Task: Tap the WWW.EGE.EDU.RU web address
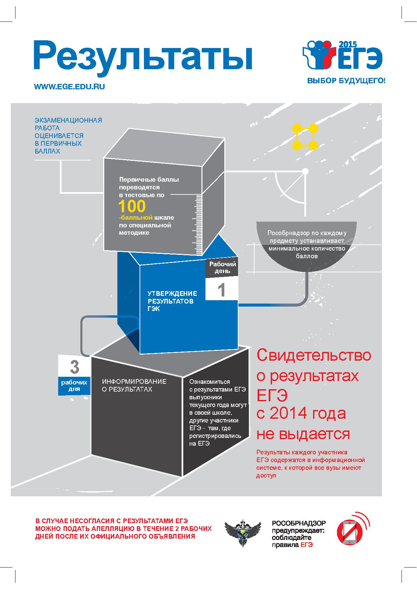(69, 87)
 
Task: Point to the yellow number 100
(132, 207)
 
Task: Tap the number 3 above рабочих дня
(74, 367)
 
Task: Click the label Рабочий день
(223, 267)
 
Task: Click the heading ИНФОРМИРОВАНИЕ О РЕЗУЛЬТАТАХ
(134, 385)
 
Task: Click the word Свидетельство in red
(314, 355)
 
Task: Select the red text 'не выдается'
(303, 434)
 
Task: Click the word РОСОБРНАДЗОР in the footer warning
(299, 523)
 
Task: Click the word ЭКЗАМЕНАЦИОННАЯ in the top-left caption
(68, 120)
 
